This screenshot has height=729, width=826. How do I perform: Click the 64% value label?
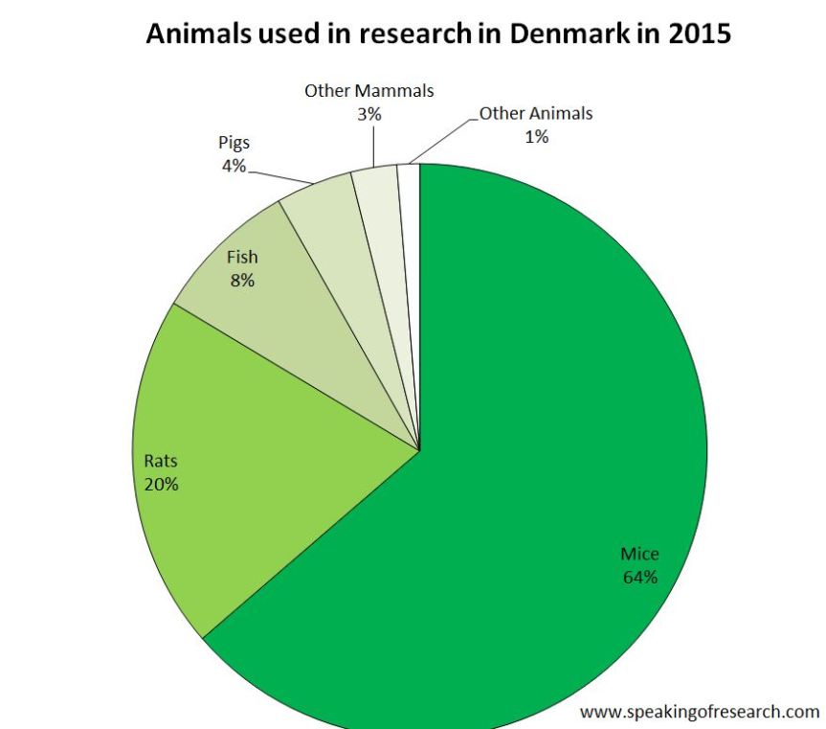tap(639, 577)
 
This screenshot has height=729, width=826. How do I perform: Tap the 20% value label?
tap(161, 484)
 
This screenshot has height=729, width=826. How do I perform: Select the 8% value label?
tap(241, 281)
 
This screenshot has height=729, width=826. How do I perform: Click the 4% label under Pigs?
tap(233, 166)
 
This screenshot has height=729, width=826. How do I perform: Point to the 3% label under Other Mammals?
tap(369, 114)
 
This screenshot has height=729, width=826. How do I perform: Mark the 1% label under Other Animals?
tap(536, 136)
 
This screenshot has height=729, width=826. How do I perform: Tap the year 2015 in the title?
tap(700, 34)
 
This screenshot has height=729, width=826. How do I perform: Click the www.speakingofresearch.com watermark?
tap(700, 712)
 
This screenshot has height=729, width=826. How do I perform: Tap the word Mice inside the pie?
tap(639, 554)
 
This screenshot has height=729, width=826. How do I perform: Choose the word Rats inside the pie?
tap(161, 461)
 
